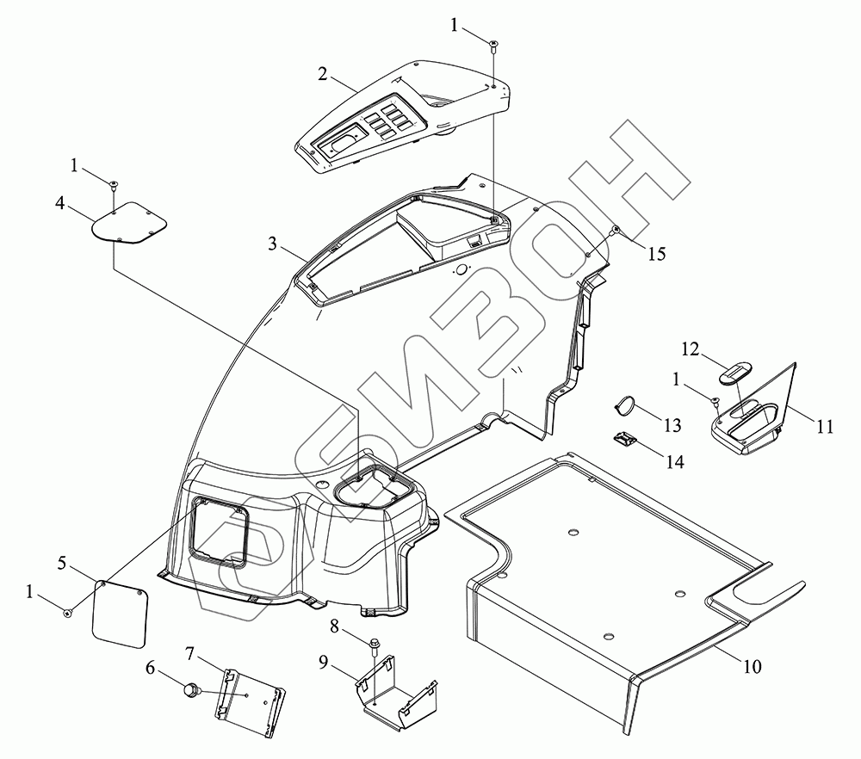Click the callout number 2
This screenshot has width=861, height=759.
coord(322,74)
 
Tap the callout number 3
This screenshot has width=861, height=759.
coord(273,244)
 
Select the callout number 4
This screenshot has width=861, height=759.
coord(59,203)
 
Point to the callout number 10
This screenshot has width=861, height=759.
coord(753,666)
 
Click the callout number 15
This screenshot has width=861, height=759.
coord(657,254)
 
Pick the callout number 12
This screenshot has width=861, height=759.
coord(691,349)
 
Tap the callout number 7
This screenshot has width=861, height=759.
coord(189,654)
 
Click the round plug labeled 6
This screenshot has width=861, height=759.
coord(190,688)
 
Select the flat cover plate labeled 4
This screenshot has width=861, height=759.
coord(129,222)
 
